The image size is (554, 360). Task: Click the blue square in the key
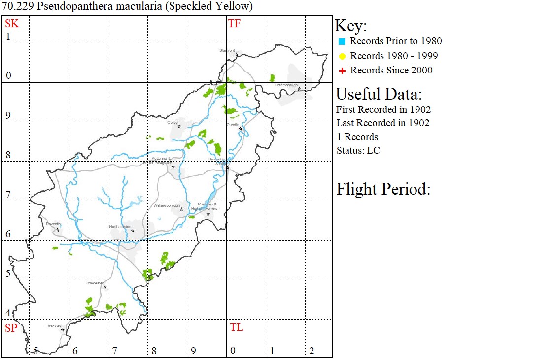pyautogui.click(x=342, y=41)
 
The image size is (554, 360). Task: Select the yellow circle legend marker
pyautogui.click(x=342, y=56)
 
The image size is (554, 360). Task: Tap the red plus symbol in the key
pyautogui.click(x=342, y=71)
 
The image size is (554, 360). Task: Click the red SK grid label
pyautogui.click(x=12, y=23)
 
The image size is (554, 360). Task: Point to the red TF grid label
pyautogui.click(x=234, y=23)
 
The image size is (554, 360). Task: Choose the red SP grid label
pyautogui.click(x=11, y=328)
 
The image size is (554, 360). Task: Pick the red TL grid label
pyautogui.click(x=237, y=327)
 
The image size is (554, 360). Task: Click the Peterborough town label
pyautogui.click(x=286, y=85)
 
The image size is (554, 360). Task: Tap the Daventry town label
pyautogui.click(x=53, y=224)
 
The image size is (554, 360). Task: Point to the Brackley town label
pyautogui.click(x=53, y=326)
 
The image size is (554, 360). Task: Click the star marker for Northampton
pyautogui.click(x=133, y=230)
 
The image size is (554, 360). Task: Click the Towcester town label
pyautogui.click(x=94, y=283)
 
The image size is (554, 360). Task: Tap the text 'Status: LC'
pyautogui.click(x=358, y=150)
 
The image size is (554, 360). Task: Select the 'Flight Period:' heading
pyautogui.click(x=383, y=189)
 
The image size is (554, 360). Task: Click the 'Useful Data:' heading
pyautogui.click(x=379, y=94)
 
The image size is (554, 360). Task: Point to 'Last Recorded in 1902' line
pyautogui.click(x=383, y=123)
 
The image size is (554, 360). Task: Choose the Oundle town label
pyautogui.click(x=233, y=125)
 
